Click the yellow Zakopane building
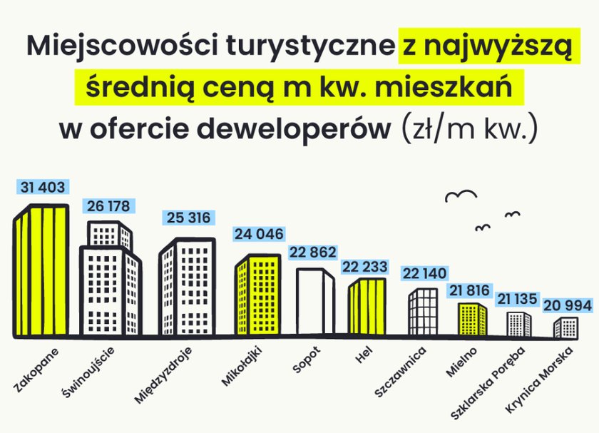point(41,270)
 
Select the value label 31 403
point(43,188)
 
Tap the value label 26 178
point(108,206)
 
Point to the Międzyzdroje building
point(187,287)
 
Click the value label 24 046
point(259,234)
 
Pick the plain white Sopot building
point(315,302)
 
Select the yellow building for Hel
point(367,307)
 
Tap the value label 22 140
point(424,274)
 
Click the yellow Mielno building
point(473,320)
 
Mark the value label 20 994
point(568,305)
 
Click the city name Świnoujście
point(88,372)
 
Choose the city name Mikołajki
point(242,366)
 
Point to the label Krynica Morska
point(539,380)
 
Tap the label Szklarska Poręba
point(488,383)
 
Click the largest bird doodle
point(461,195)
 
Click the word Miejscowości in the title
point(122,45)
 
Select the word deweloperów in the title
point(294,128)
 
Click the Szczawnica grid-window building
point(424,312)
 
